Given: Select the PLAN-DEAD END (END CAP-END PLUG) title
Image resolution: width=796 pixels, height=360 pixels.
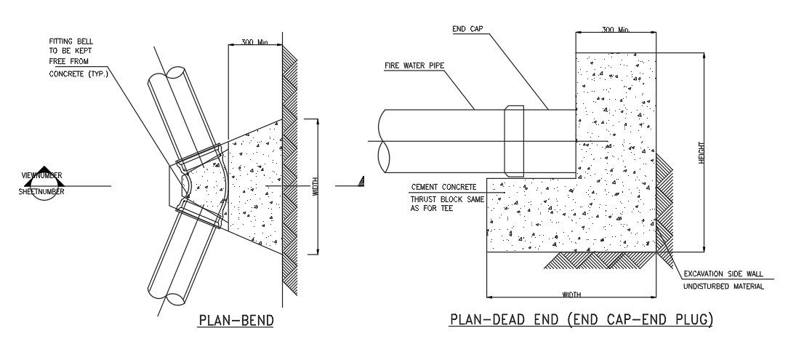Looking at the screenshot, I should pos(581,319).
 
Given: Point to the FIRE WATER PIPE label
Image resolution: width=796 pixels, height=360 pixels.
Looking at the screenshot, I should pos(414,65).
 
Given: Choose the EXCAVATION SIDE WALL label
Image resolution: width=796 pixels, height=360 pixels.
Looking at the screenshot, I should pos(723,274).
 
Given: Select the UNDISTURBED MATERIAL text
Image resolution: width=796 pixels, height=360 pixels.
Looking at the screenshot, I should pos(723,287).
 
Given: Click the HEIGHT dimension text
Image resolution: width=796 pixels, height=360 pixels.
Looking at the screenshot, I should pos(702,151).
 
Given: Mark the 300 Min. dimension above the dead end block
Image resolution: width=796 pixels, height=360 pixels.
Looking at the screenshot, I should pos(616,30).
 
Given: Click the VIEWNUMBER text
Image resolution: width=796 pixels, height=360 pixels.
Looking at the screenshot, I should pos(41,175).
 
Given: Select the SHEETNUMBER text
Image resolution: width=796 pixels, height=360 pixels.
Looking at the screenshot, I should pos(41,192).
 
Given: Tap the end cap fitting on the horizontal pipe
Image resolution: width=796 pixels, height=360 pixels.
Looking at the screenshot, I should pos(514,137).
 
